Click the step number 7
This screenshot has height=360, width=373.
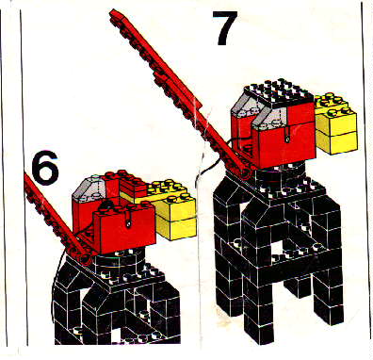pos(223,28)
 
